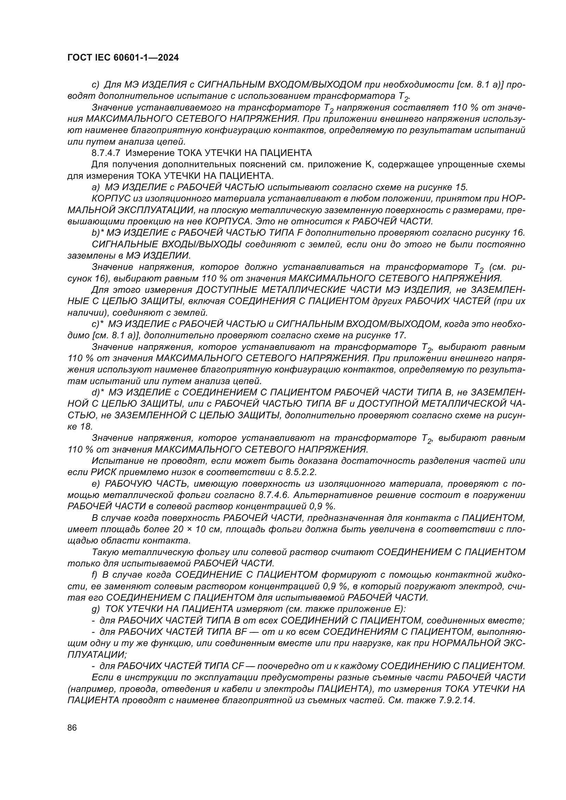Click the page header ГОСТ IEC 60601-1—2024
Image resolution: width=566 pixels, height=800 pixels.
click(x=123, y=58)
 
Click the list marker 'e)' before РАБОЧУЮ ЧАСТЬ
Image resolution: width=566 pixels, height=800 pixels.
click(x=95, y=484)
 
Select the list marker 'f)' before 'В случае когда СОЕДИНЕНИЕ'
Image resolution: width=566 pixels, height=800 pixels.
click(x=95, y=575)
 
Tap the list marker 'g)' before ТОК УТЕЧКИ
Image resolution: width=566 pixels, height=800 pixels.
click(x=95, y=609)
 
